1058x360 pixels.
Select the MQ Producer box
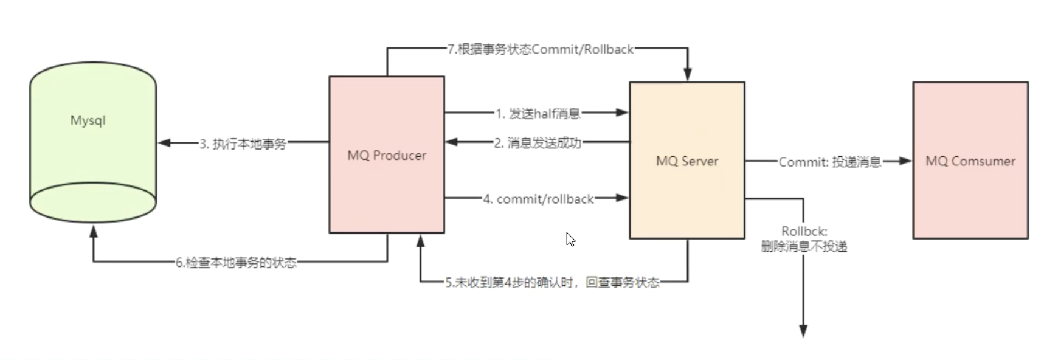[x=387, y=154]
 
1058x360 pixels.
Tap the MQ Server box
[x=687, y=161]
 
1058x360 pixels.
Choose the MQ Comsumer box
[x=970, y=161]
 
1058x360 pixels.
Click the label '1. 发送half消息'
[x=538, y=114]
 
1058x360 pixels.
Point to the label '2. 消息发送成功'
[x=538, y=143]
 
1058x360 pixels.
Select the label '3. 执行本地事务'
[x=243, y=144]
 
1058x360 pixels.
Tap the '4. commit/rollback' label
[x=538, y=199]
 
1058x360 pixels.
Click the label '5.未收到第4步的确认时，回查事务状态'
[x=552, y=282]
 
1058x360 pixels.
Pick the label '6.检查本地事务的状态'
[x=236, y=263]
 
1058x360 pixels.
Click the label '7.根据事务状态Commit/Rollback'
[x=541, y=49]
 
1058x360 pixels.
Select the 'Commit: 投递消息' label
[x=830, y=162]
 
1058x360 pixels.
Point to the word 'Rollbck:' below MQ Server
[x=804, y=232]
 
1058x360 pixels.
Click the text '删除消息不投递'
[x=804, y=246]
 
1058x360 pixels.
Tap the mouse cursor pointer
[x=570, y=239]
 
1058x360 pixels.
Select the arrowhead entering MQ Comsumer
[x=905, y=161]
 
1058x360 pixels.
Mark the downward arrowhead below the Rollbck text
[x=803, y=330]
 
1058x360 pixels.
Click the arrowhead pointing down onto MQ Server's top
[x=688, y=74]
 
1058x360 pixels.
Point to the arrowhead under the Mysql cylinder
[x=94, y=232]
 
